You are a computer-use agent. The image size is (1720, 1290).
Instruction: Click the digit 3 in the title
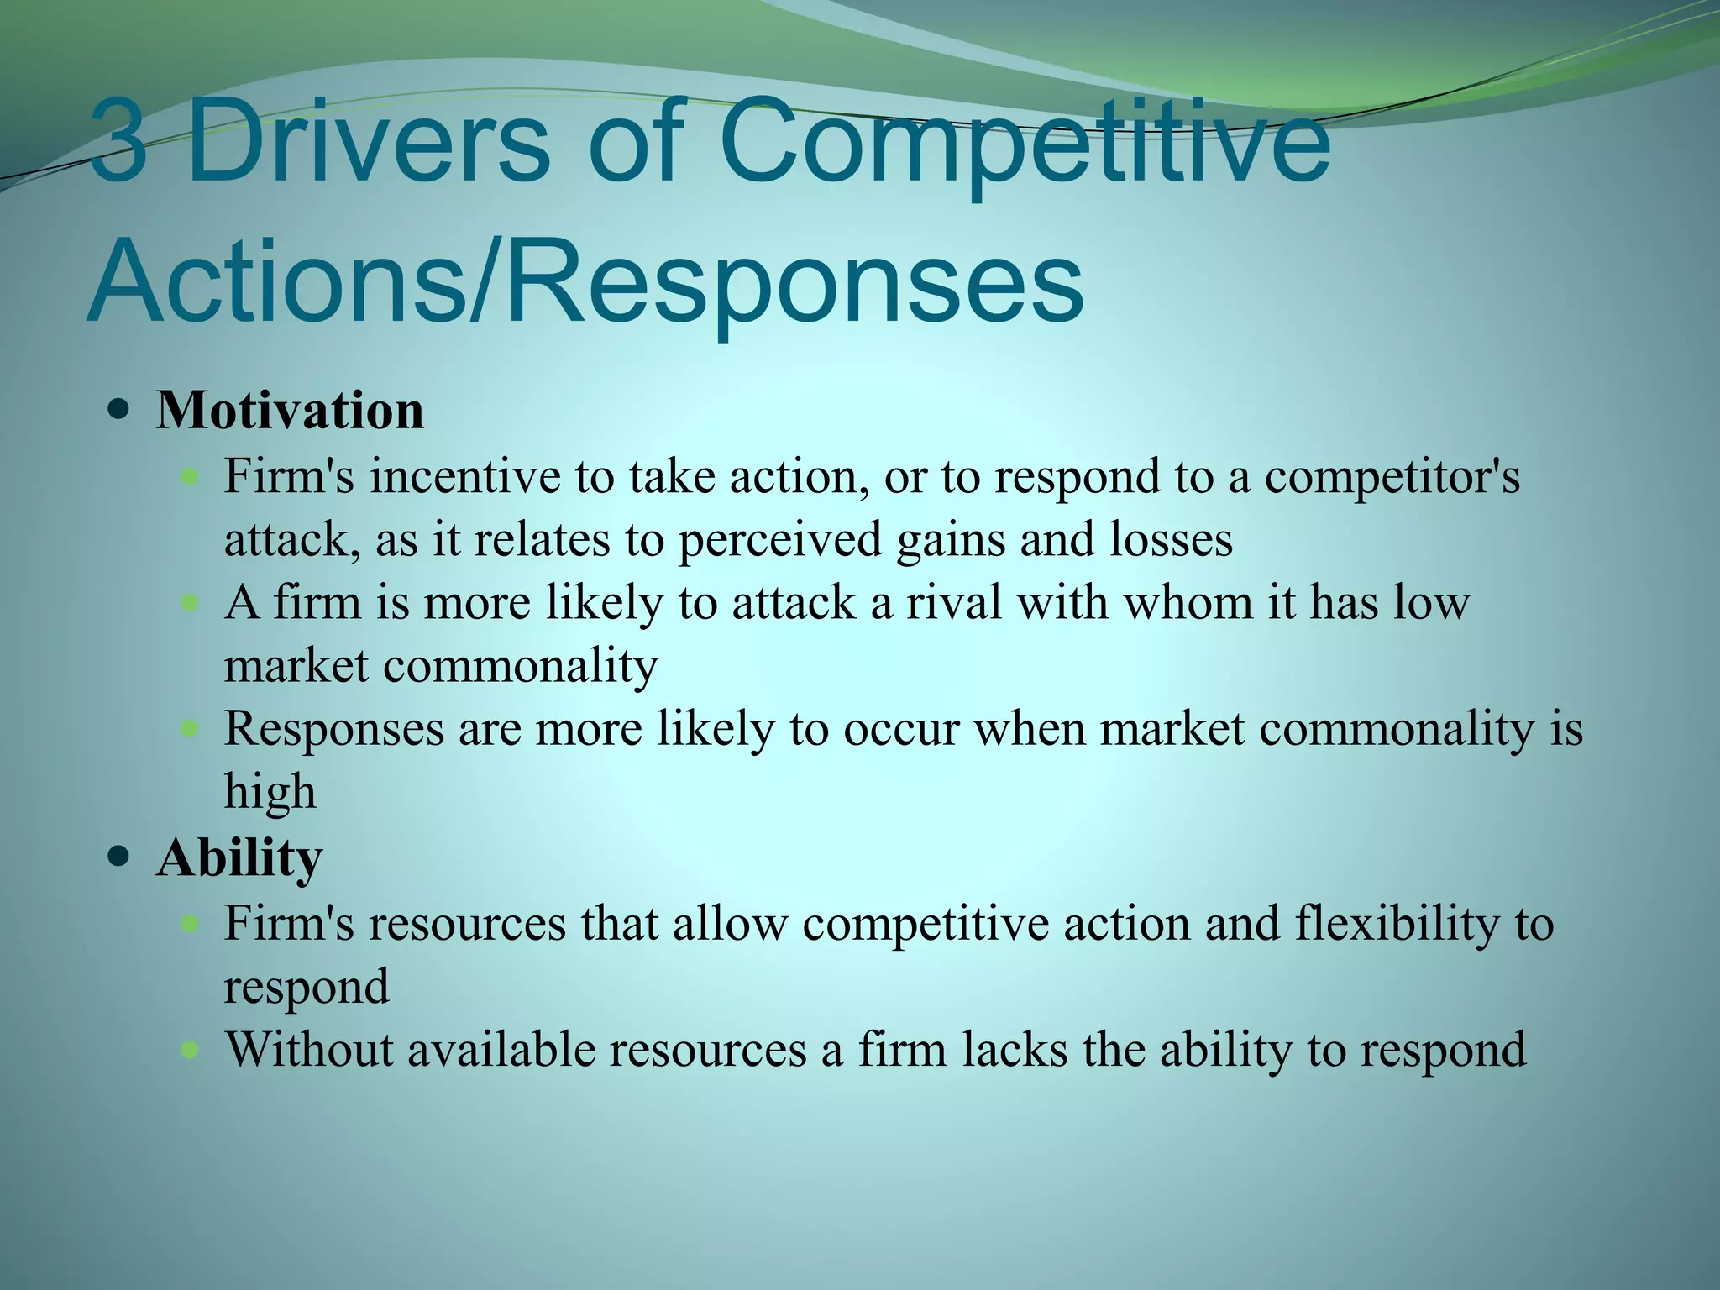pyautogui.click(x=118, y=140)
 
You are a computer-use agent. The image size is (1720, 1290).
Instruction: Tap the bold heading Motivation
pyautogui.click(x=290, y=411)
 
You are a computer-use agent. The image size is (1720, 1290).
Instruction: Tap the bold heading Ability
pyautogui.click(x=239, y=858)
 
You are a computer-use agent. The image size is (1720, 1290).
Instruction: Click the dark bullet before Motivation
pyautogui.click(x=120, y=412)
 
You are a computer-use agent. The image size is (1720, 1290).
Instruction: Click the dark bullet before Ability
pyautogui.click(x=120, y=858)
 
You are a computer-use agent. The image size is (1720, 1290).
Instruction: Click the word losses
pyautogui.click(x=1171, y=539)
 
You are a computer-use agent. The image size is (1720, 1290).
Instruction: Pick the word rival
pyautogui.click(x=953, y=602)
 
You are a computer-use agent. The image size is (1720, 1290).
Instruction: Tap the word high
pyautogui.click(x=270, y=792)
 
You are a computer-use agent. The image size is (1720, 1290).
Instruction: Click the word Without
pyautogui.click(x=308, y=1049)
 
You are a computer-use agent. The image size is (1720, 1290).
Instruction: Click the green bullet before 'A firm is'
pyautogui.click(x=191, y=602)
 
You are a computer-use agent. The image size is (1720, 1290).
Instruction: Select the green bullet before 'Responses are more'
pyautogui.click(x=191, y=728)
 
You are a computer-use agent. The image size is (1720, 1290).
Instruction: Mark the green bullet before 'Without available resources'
pyautogui.click(x=191, y=1049)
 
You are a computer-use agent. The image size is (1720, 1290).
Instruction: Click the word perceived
pyautogui.click(x=779, y=540)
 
